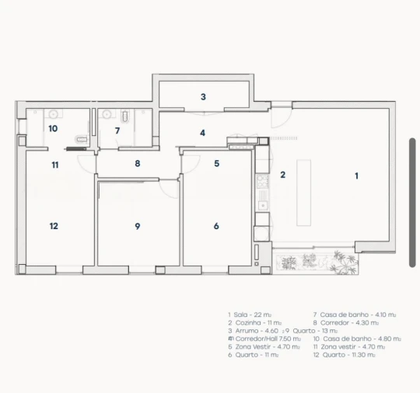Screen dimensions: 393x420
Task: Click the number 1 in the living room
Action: point(357,176)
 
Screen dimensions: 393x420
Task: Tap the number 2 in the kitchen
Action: point(283,175)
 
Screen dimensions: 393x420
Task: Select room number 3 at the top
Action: point(203,97)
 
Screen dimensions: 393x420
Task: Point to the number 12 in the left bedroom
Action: point(54,226)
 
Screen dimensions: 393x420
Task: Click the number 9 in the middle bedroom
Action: point(137,226)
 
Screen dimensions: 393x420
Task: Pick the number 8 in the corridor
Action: point(137,163)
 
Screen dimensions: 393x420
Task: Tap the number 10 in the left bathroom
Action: point(53,129)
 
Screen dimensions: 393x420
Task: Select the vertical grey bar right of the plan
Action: point(412,202)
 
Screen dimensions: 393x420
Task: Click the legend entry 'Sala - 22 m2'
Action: point(254,315)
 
